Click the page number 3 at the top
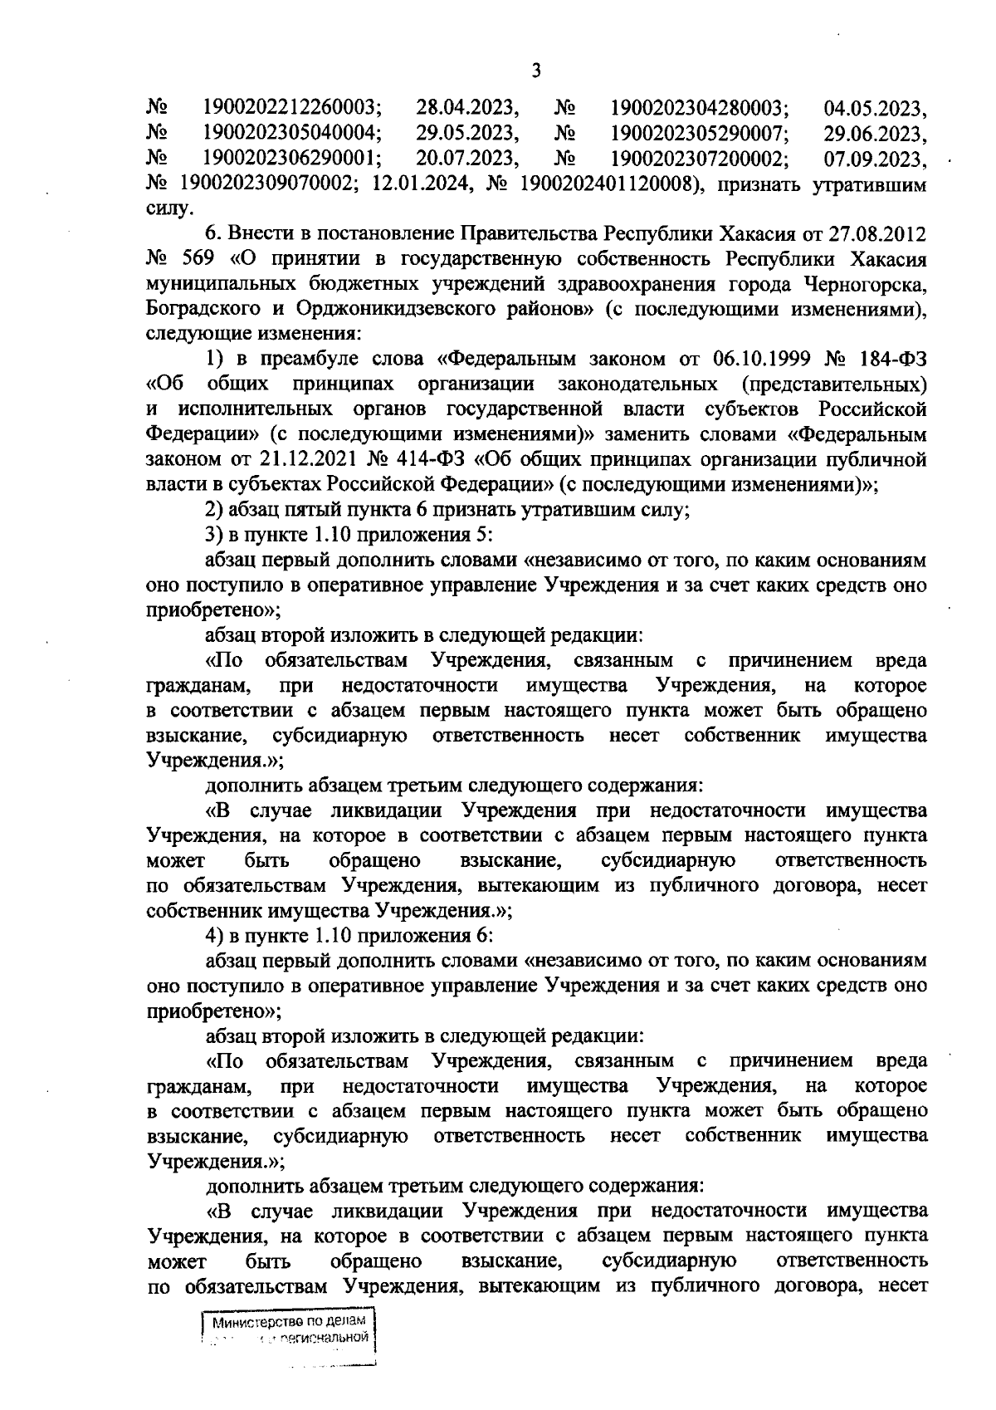[x=535, y=71]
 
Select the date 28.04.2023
[x=467, y=108]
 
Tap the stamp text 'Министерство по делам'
[x=286, y=1344]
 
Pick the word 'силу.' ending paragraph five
[x=168, y=209]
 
